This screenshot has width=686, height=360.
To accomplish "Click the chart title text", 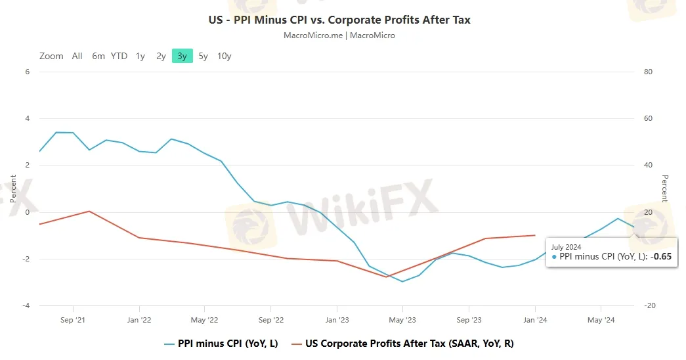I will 339,20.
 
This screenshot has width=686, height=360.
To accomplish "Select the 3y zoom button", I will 182,56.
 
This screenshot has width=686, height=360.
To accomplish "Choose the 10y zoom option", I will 224,56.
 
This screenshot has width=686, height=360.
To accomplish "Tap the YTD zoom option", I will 119,56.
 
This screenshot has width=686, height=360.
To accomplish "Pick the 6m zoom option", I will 98,56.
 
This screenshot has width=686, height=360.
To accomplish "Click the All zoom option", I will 77,56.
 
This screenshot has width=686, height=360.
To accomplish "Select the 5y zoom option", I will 204,56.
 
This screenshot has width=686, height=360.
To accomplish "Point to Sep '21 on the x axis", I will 72,320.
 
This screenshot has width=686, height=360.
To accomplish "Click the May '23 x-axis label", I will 402,320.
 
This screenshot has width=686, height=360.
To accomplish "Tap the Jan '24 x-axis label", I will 535,320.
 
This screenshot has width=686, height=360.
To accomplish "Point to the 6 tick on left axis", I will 28,72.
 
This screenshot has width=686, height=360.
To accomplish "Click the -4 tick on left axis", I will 26,305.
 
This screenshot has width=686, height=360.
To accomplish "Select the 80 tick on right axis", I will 648,72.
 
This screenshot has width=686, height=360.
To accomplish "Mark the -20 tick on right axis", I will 649,305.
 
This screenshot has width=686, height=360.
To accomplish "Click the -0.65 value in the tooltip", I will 661,257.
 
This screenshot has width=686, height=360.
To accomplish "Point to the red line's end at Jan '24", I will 535,235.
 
